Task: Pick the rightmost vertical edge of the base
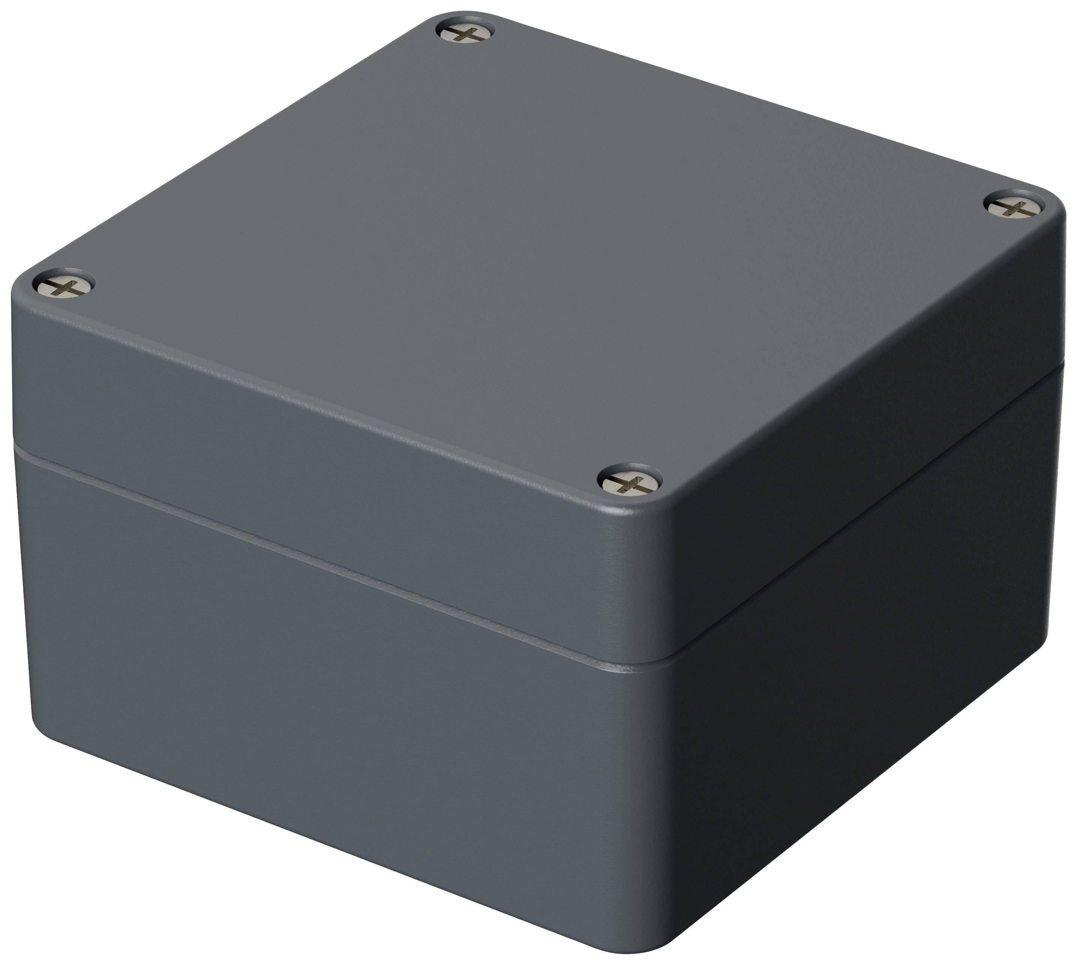pyautogui.click(x=1056, y=530)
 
